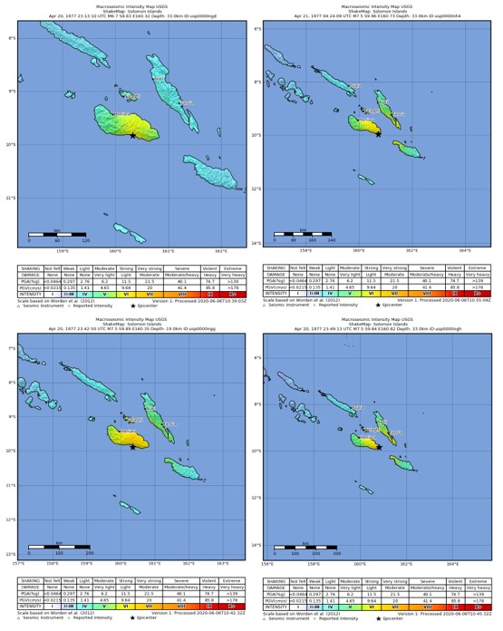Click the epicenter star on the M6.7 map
[133, 135]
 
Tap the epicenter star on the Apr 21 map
[378, 133]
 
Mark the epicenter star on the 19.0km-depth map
[132, 446]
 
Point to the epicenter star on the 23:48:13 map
[378, 445]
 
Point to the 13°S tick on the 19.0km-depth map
[11, 553]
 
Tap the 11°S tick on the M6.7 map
[11, 198]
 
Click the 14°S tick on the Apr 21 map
[258, 242]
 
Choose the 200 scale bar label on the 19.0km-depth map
[90, 552]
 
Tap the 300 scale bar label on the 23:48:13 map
[337, 552]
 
